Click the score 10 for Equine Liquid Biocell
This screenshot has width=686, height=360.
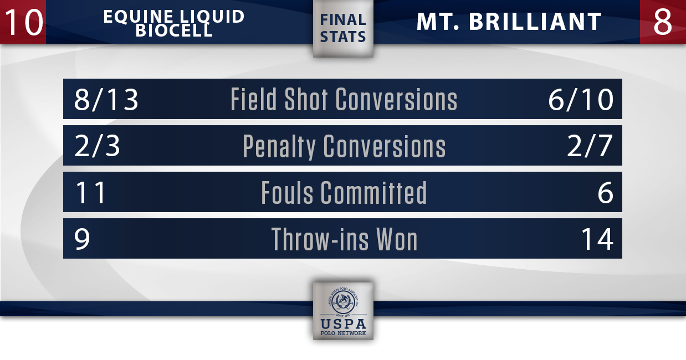24,22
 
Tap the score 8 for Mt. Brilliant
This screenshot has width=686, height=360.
662,22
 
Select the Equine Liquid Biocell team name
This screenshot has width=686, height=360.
173,23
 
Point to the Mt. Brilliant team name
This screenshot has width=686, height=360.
509,22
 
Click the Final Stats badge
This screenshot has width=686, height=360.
343,28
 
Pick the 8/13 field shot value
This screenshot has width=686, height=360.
106,100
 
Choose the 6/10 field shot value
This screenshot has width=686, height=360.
581,100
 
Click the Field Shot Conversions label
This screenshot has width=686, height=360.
344,99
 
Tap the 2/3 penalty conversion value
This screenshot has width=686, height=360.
97,146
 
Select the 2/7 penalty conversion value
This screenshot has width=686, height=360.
590,146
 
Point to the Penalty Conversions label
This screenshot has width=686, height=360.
344,147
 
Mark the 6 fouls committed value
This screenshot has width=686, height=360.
606,193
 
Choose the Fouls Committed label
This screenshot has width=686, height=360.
344,192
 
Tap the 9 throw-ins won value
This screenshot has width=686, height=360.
82,239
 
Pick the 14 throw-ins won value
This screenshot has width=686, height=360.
597,239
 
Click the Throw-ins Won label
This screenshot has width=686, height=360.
344,239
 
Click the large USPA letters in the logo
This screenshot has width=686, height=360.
343,324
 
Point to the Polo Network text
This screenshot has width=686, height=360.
343,333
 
